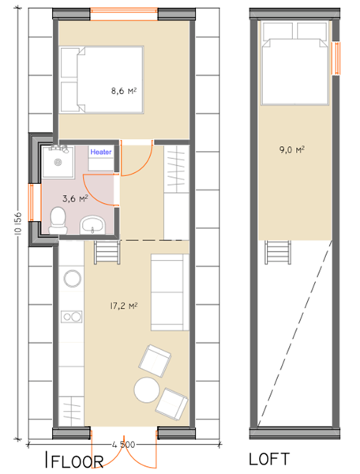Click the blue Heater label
(x=101, y=152)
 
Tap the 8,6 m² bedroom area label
(x=124, y=90)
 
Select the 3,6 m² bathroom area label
(x=75, y=198)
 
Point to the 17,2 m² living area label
(x=124, y=306)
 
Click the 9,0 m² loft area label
(x=292, y=149)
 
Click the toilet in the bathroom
(x=58, y=220)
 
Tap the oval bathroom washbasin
(x=92, y=225)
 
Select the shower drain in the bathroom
(x=58, y=162)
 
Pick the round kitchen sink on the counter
(x=72, y=278)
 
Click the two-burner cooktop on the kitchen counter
(x=72, y=317)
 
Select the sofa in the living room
(x=170, y=292)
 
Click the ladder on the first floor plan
(x=107, y=253)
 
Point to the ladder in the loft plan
(x=278, y=253)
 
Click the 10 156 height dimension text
(x=18, y=223)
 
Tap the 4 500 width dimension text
(x=123, y=444)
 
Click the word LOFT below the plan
(x=269, y=459)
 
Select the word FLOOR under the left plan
(x=77, y=461)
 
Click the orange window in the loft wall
(x=336, y=58)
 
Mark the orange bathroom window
(x=32, y=202)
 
